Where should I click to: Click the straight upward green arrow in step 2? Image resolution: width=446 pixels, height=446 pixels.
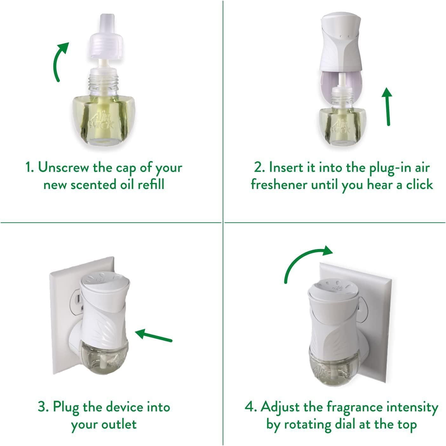387,106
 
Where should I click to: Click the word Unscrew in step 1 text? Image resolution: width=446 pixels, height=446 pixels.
64,168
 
